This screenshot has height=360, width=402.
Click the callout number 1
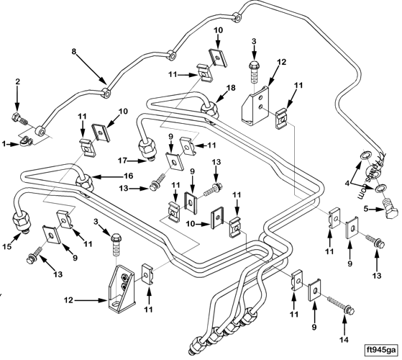point(5,143)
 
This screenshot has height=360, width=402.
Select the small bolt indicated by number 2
point(19,117)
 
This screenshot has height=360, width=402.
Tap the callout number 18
point(232,87)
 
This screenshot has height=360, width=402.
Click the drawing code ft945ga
point(380,350)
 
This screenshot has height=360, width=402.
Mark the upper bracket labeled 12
point(255,101)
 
